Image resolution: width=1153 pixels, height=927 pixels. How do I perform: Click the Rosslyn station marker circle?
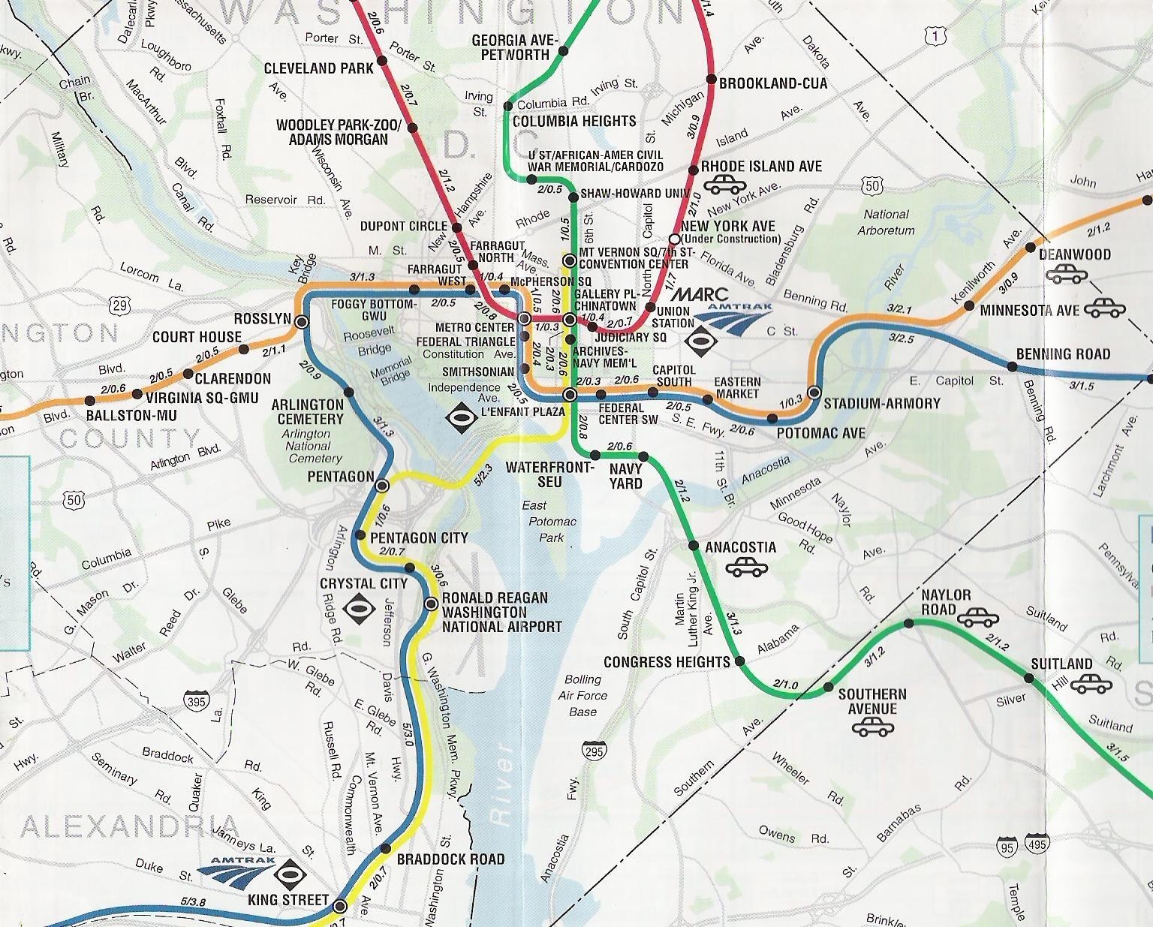click(x=302, y=322)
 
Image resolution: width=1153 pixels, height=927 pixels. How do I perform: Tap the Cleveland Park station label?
click(x=318, y=68)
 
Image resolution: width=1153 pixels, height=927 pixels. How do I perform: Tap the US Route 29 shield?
click(x=120, y=304)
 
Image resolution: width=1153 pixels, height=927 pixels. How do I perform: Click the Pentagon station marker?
click(x=382, y=485)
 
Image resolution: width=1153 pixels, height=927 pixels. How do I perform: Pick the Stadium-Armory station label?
click(x=881, y=404)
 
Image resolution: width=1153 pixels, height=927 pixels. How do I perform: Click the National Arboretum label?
click(x=886, y=222)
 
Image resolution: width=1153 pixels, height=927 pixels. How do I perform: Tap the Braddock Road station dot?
click(x=386, y=848)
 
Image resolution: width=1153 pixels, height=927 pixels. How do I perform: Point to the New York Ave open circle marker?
click(x=674, y=239)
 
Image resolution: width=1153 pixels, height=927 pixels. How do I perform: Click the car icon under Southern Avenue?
click(x=872, y=726)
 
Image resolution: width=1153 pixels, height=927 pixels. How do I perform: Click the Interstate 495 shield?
click(x=1038, y=845)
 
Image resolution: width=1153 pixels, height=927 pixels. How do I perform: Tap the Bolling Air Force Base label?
click(x=583, y=695)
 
